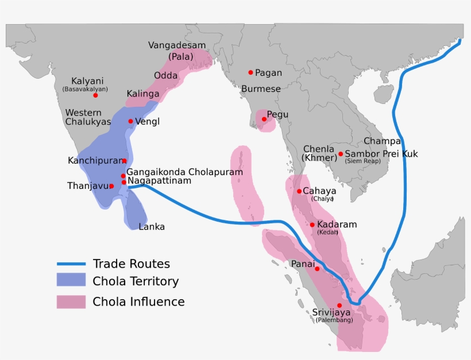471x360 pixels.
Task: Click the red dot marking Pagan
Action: pyautogui.click(x=250, y=72)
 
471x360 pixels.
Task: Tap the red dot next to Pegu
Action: pyautogui.click(x=264, y=119)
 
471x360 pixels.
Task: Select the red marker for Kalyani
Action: pyautogui.click(x=95, y=95)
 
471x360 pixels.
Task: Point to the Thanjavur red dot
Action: pyautogui.click(x=111, y=186)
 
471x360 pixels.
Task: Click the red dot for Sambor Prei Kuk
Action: pyautogui.click(x=341, y=154)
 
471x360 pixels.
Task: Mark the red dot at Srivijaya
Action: pyautogui.click(x=339, y=305)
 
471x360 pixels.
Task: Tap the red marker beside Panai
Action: pyautogui.click(x=317, y=269)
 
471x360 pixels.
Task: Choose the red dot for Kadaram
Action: pyautogui.click(x=312, y=225)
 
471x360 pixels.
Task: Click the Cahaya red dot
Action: pyautogui.click(x=299, y=191)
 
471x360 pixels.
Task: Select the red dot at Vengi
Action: pyautogui.click(x=130, y=121)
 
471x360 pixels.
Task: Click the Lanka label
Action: pyautogui.click(x=152, y=227)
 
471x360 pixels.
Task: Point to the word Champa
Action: pyautogui.click(x=382, y=141)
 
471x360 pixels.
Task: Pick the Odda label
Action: pyautogui.click(x=165, y=76)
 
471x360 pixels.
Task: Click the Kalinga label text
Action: pyautogui.click(x=143, y=93)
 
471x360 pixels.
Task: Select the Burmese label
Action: pyautogui.click(x=261, y=89)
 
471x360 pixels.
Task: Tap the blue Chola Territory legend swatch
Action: pyautogui.click(x=71, y=281)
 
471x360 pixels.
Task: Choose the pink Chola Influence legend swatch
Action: pyautogui.click(x=71, y=302)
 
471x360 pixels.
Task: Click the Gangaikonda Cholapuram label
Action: pyautogui.click(x=184, y=172)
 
